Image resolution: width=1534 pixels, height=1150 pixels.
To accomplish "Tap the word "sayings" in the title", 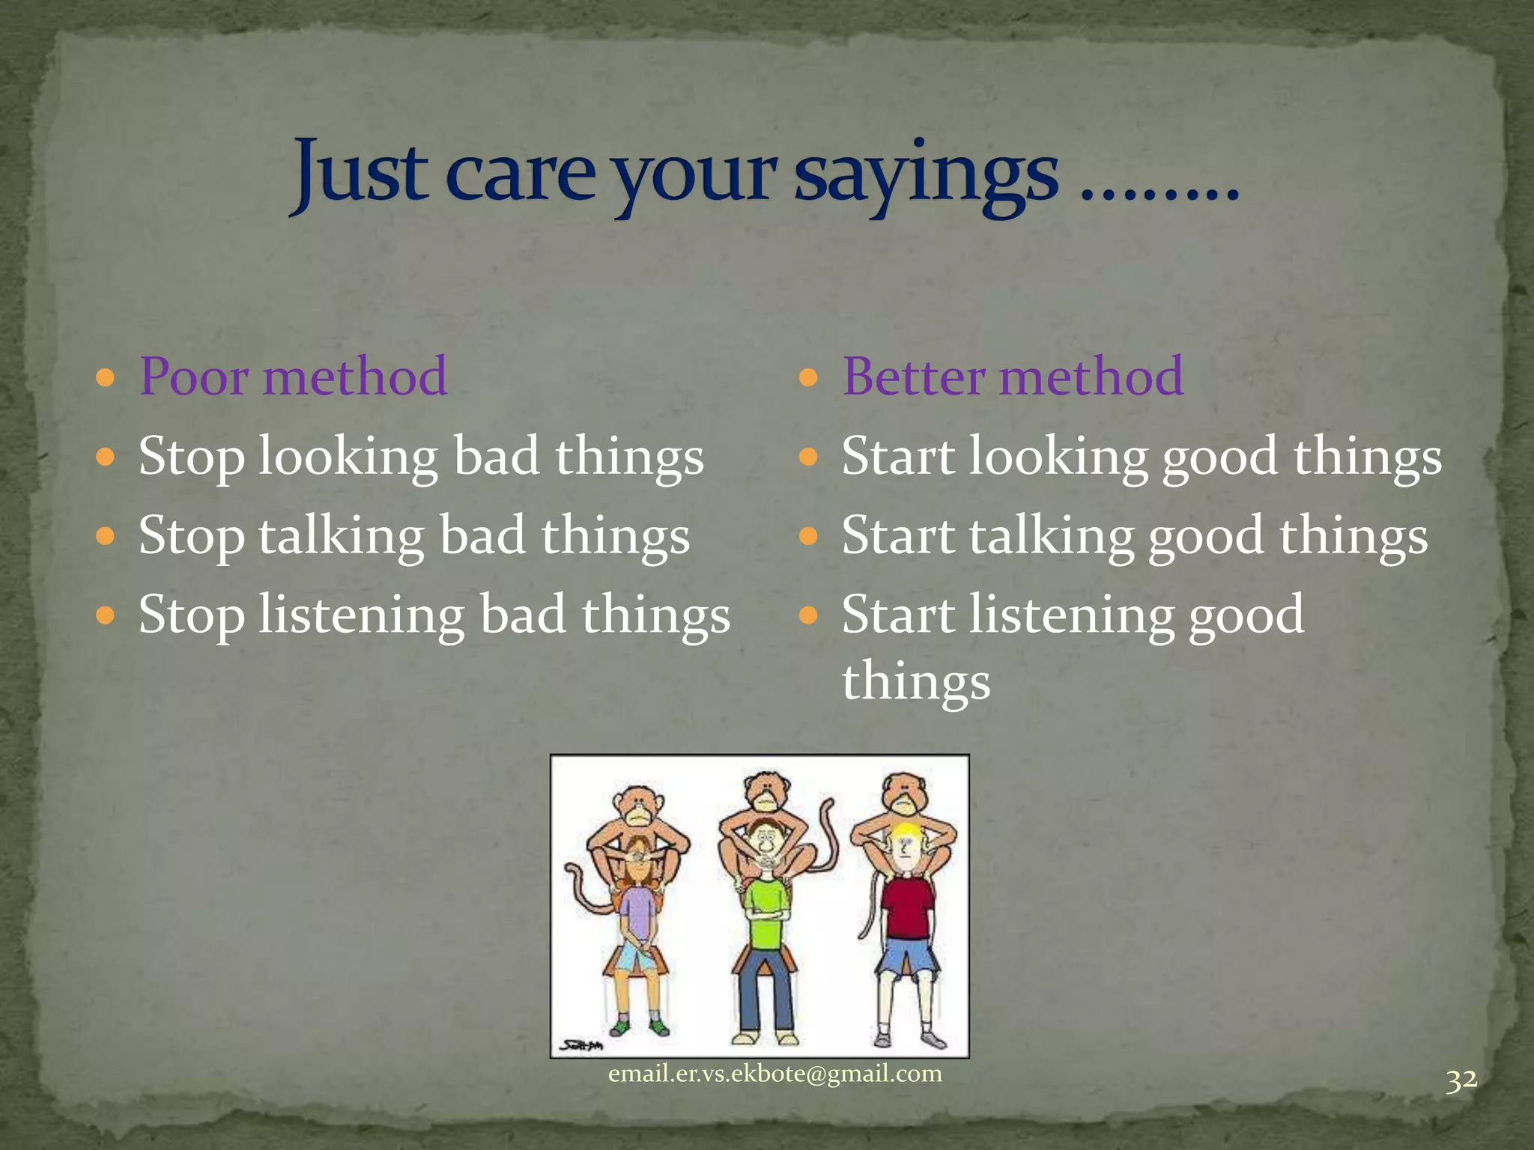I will click(926, 176).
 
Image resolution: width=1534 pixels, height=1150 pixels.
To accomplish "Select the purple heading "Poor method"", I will click(293, 376).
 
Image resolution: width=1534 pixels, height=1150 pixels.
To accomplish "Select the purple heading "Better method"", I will click(1013, 376).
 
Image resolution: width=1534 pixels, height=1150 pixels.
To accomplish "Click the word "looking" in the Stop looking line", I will click(348, 457).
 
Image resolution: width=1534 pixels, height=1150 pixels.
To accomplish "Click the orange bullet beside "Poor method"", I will click(106, 376).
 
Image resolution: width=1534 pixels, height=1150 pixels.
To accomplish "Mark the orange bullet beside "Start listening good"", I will click(807, 615).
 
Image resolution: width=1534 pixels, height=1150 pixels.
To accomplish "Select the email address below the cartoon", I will click(774, 1074).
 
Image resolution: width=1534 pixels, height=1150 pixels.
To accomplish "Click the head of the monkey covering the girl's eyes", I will click(637, 806).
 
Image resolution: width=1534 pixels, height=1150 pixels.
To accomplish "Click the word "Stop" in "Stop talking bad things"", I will click(192, 536).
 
